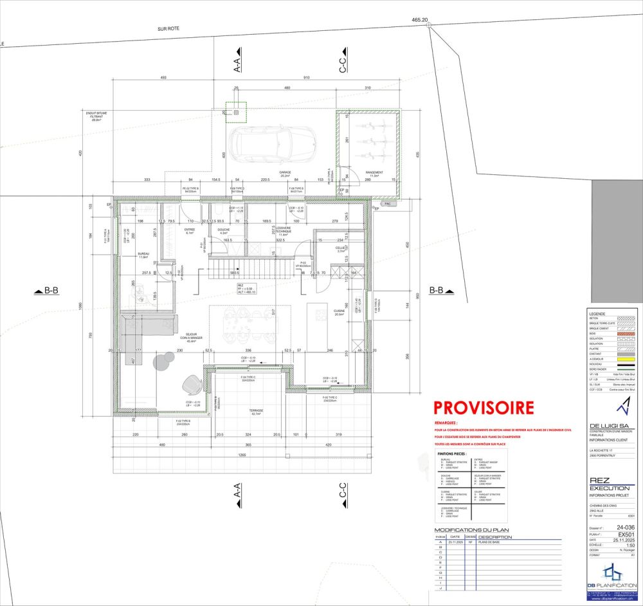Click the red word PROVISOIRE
[483, 407]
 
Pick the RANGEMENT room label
[374, 172]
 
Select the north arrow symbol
[620, 407]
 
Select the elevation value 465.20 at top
[420, 21]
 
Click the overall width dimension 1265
[242, 455]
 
